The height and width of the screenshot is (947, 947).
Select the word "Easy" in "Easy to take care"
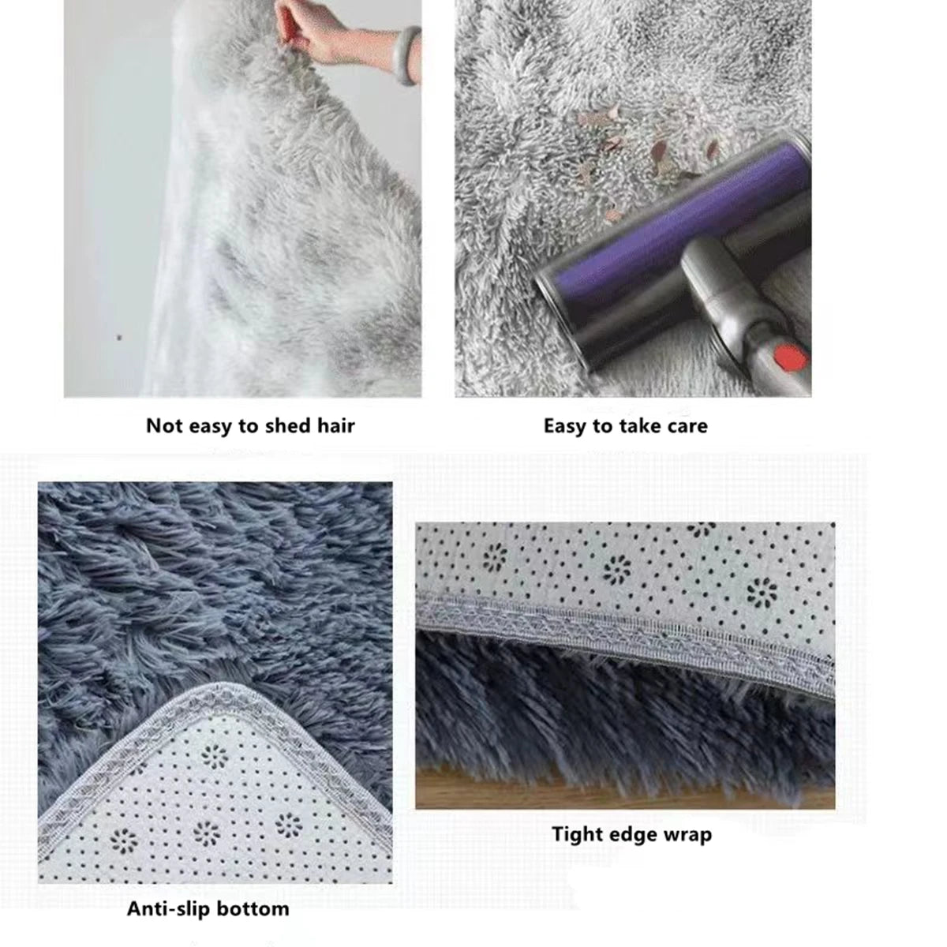tap(567, 426)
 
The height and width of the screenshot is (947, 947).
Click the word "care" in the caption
tap(686, 426)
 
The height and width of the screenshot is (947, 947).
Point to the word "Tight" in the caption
tap(578, 834)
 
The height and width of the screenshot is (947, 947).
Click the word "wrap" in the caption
tap(687, 834)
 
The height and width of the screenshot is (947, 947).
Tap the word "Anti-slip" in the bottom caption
tap(169, 909)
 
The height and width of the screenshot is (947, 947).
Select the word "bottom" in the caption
tap(253, 909)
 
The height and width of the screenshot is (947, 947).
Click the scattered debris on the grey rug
tap(631, 150)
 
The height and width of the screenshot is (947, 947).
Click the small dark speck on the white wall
tap(119, 337)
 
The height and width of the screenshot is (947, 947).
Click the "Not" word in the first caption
tap(164, 426)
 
